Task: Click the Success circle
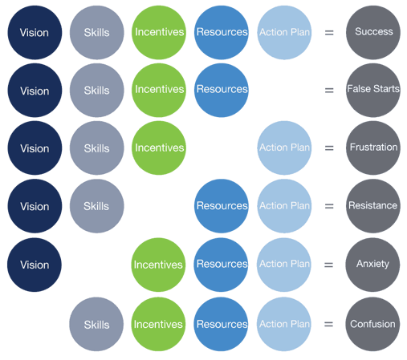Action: pyautogui.click(x=373, y=32)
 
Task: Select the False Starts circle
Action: pyautogui.click(x=373, y=90)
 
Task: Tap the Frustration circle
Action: pyautogui.click(x=373, y=148)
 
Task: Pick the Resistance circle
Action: pyautogui.click(x=373, y=206)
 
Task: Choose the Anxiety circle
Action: pyautogui.click(x=372, y=265)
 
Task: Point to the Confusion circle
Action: pyautogui.click(x=372, y=324)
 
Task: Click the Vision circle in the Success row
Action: pyautogui.click(x=35, y=32)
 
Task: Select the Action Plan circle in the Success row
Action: pyautogui.click(x=284, y=32)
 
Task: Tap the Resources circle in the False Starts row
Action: pyautogui.click(x=222, y=90)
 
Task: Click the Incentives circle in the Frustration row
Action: pyautogui.click(x=159, y=148)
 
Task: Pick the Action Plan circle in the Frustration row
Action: pyautogui.click(x=284, y=148)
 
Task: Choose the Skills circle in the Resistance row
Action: pyautogui.click(x=96, y=206)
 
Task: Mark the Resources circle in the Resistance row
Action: pyautogui.click(x=222, y=206)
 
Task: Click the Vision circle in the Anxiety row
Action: pyautogui.click(x=35, y=265)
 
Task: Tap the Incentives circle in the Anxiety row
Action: pyautogui.click(x=158, y=265)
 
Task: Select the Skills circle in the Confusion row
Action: pyautogui.click(x=96, y=324)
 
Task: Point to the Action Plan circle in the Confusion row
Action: pyautogui.click(x=284, y=324)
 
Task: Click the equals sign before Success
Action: pyautogui.click(x=329, y=33)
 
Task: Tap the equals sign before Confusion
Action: pyautogui.click(x=328, y=324)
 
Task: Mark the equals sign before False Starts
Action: pyautogui.click(x=329, y=91)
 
